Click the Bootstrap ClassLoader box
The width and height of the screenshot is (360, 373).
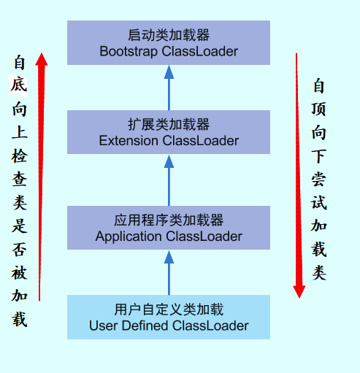(x=169, y=42)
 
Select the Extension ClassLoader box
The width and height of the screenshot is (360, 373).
(x=169, y=132)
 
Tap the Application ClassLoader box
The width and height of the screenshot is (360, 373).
(x=169, y=227)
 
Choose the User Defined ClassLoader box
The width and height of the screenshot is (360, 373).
(x=169, y=317)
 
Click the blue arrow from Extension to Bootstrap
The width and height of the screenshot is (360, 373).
(x=169, y=88)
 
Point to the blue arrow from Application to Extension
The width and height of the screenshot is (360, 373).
(x=169, y=179)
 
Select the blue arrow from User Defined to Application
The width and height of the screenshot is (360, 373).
(x=169, y=272)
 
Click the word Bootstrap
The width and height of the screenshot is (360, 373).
(x=129, y=51)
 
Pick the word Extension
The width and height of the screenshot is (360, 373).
(x=128, y=140)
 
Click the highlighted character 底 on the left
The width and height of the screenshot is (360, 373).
(x=19, y=85)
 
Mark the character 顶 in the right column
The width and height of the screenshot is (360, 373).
(x=319, y=109)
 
